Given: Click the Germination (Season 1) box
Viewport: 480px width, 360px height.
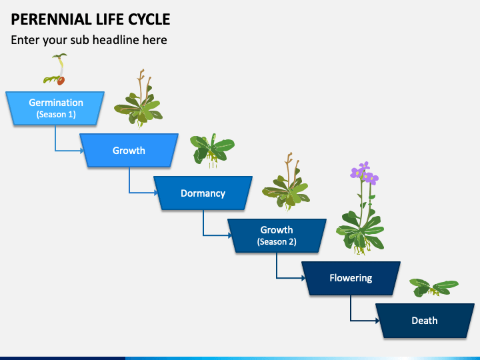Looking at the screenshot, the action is click(55, 108).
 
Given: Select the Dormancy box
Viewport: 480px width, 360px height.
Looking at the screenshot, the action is click(203, 193).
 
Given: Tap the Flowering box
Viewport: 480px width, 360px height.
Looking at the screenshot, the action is click(351, 278).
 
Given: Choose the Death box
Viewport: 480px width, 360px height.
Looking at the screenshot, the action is click(425, 321).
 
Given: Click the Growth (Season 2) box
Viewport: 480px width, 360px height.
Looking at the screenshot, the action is click(277, 235).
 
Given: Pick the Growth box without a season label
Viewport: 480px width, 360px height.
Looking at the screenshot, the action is click(129, 150).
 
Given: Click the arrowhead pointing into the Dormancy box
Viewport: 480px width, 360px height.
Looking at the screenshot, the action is click(156, 193).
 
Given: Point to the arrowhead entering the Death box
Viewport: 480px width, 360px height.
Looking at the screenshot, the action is click(378, 321).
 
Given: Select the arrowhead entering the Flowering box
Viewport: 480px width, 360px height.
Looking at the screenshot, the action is click(304, 278).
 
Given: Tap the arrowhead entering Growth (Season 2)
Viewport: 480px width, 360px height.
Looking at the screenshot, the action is click(230, 235).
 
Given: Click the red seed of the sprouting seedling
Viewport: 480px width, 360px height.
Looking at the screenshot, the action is click(61, 81).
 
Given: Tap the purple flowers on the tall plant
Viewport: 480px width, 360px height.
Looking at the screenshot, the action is click(364, 173).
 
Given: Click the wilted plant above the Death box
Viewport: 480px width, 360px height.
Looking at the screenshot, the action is click(433, 287).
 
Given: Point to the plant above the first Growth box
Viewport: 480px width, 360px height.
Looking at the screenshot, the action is click(139, 99).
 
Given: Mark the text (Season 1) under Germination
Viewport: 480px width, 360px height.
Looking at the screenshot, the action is click(56, 115).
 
